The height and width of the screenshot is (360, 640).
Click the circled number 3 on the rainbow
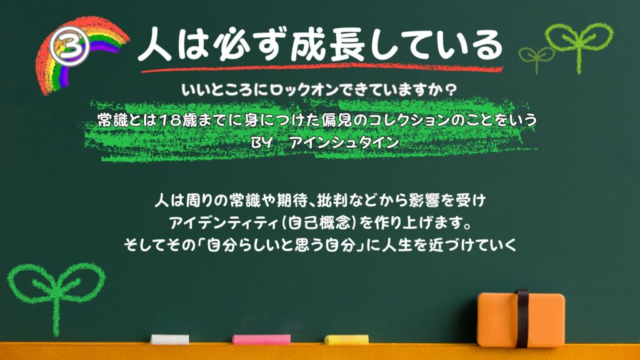click(x=69, y=47)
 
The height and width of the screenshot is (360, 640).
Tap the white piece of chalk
click(x=169, y=339)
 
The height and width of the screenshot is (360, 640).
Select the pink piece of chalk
click(x=261, y=339)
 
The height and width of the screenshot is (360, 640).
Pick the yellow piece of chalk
click(x=346, y=339)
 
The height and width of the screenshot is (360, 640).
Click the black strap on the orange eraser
click(x=522, y=318)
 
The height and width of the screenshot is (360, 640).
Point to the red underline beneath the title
click(x=322, y=68)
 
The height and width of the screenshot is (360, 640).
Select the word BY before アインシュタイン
click(x=262, y=142)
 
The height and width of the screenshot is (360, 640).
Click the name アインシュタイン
click(x=344, y=142)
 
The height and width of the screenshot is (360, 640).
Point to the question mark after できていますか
click(x=450, y=90)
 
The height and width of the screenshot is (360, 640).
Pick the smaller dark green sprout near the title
click(x=536, y=58)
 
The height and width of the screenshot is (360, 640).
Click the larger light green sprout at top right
click(x=579, y=46)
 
